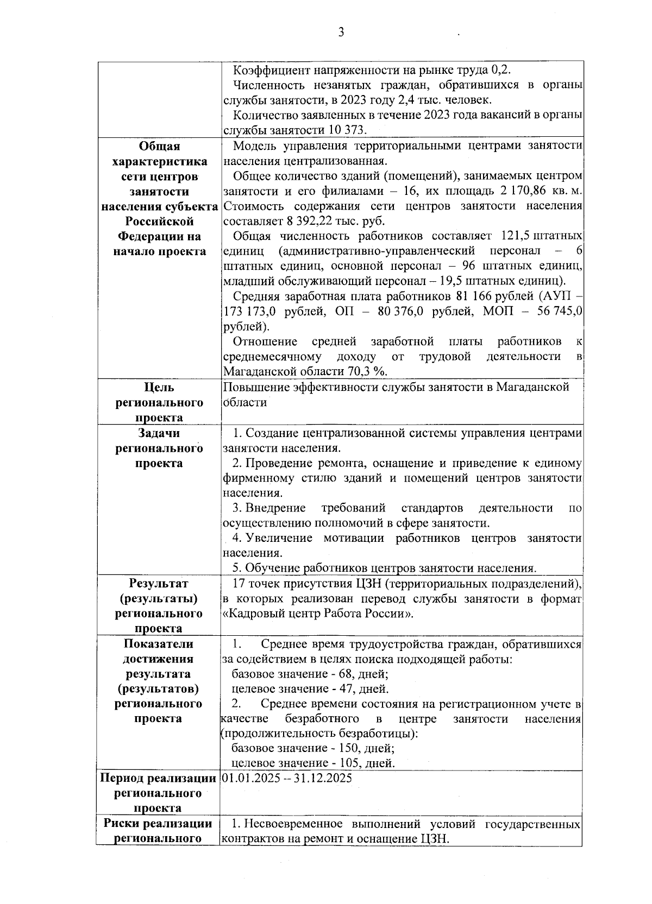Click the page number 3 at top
pos(341,33)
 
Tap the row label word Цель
pos(159,387)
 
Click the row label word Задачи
pos(159,433)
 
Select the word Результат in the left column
pos(159,584)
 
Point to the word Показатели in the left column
pos(159,644)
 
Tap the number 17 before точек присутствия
pos(239,584)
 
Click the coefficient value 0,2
pos(501,70)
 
